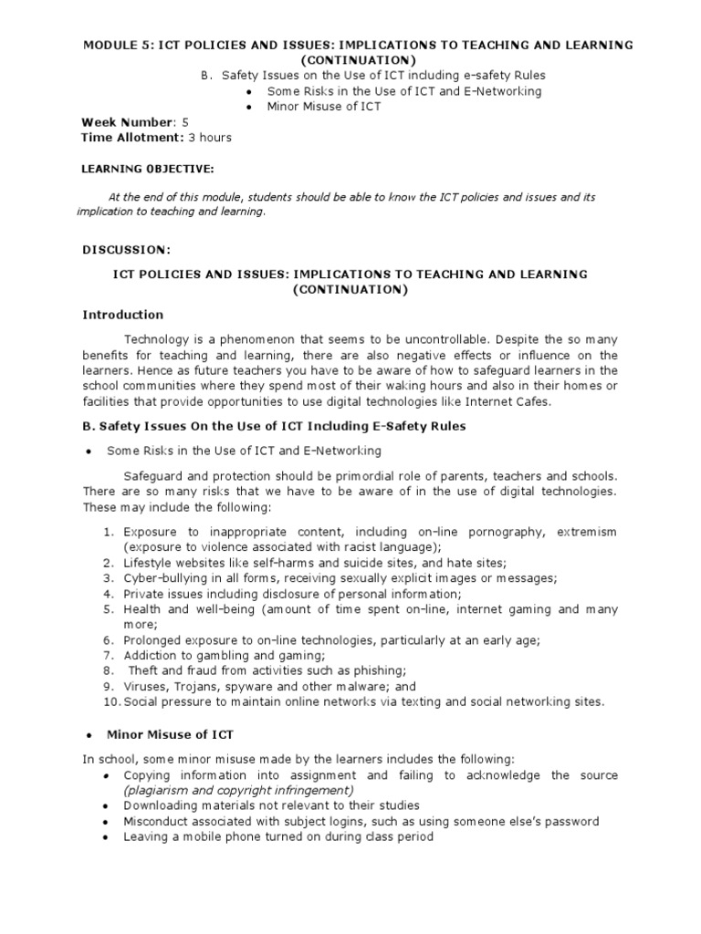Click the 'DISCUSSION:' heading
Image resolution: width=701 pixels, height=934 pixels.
click(x=126, y=249)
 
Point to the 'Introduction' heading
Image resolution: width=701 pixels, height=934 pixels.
click(x=123, y=315)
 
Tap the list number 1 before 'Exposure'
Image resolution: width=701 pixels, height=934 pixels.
click(x=107, y=532)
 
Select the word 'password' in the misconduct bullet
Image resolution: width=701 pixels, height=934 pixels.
click(x=566, y=822)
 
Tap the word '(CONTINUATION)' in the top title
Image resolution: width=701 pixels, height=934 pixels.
click(x=350, y=60)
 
